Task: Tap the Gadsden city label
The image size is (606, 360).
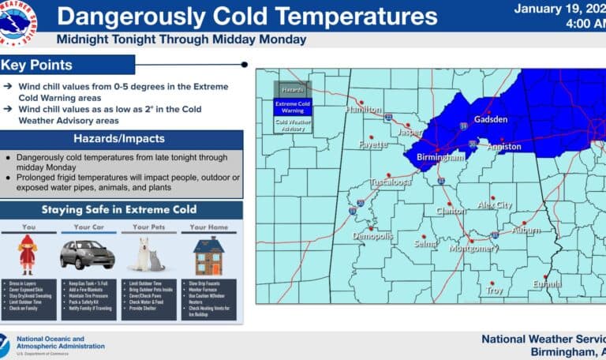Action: (x=491, y=120)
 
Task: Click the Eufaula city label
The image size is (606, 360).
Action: (x=546, y=284)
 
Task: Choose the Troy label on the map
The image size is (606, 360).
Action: (x=494, y=291)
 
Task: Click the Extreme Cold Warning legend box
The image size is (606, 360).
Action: (x=293, y=107)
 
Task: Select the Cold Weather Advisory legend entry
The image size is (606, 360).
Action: (x=293, y=126)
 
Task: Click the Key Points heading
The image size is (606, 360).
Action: (x=37, y=65)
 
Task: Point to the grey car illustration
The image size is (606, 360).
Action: (x=87, y=254)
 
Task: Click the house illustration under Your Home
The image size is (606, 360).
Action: (x=208, y=255)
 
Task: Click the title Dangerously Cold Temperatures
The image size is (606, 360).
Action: (x=247, y=16)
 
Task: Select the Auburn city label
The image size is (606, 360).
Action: (x=525, y=231)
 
